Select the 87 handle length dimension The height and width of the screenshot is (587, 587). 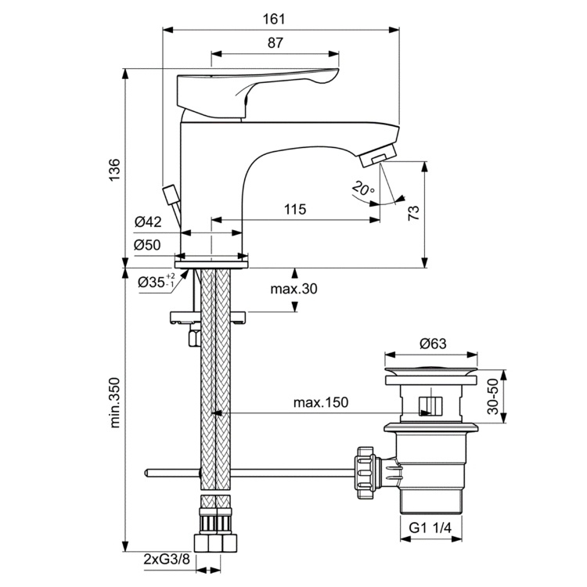(x=275, y=44)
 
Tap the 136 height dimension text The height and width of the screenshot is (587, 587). (x=114, y=170)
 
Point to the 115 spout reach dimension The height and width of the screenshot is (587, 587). (x=293, y=210)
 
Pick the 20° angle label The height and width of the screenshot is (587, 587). (x=363, y=188)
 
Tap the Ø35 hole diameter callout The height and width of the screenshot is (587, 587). (x=157, y=282)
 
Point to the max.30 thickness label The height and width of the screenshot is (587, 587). (x=294, y=290)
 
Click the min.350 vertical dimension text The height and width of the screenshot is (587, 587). (x=115, y=404)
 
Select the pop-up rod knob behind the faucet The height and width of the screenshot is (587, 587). (x=169, y=193)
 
